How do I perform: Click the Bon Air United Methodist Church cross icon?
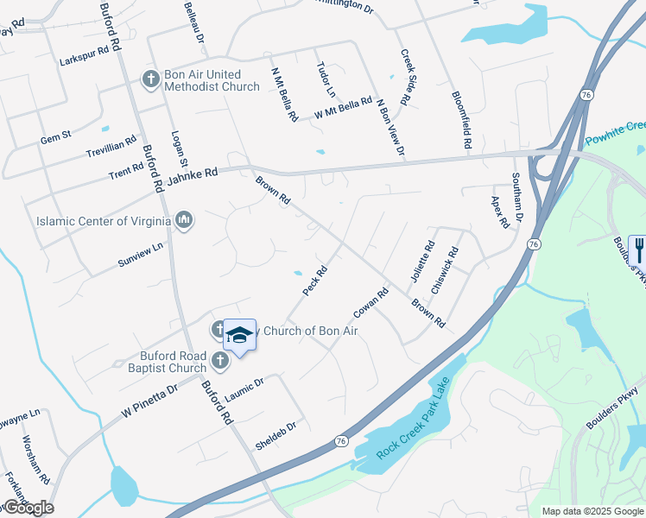point(150,79)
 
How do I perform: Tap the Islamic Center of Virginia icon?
point(183,220)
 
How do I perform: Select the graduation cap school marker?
point(239,336)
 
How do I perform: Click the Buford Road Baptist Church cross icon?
point(219,360)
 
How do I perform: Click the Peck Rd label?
point(315,281)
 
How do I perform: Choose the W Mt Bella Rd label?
point(343,109)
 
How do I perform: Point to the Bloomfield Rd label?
point(460,122)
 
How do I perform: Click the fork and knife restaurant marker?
point(638,250)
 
